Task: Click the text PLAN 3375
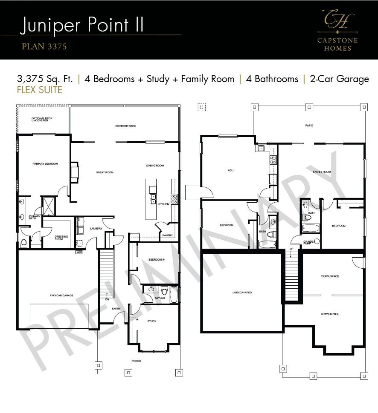point(44,46)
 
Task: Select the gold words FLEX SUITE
point(40,90)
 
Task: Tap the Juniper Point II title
point(81,25)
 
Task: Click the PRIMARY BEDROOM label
point(45,163)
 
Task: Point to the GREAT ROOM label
point(105,172)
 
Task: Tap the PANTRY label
point(167,235)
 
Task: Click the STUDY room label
point(152,321)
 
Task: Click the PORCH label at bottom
point(137,361)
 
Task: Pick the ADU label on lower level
point(230,170)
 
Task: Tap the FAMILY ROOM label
point(322,172)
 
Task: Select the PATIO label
point(309,126)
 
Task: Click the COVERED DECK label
point(125,126)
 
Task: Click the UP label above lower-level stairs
point(291,249)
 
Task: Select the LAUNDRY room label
point(96,229)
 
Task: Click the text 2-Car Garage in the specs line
point(339,79)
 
